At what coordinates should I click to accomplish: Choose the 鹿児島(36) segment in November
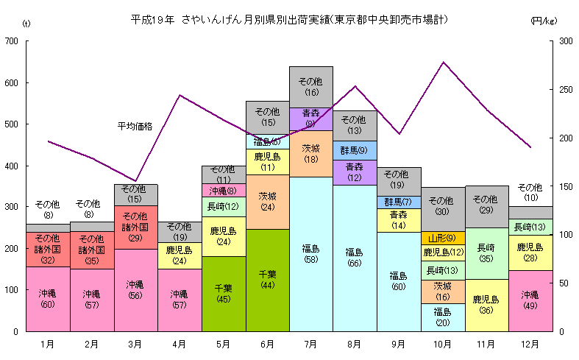click(x=486, y=305)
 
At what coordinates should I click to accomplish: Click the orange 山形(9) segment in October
click(x=442, y=238)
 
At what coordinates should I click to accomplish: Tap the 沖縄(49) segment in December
click(x=530, y=300)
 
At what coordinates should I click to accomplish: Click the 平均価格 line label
click(x=135, y=126)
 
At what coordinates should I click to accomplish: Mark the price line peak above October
click(x=443, y=63)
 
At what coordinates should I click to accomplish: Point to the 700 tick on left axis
click(x=12, y=41)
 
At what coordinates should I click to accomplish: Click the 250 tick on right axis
click(x=565, y=90)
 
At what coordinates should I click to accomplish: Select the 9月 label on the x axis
click(x=398, y=344)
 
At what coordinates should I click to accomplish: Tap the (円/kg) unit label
click(x=542, y=21)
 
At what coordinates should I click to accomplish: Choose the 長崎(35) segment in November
click(x=486, y=253)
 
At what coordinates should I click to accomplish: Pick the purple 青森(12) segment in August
click(x=355, y=172)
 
